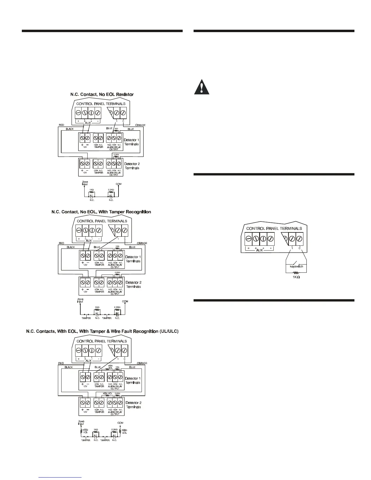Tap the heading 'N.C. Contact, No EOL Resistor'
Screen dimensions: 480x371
tap(102, 94)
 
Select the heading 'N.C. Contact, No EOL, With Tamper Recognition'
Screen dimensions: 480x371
tap(101, 212)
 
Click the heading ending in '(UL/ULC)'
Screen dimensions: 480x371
tap(102, 331)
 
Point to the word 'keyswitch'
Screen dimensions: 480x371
tap(296, 266)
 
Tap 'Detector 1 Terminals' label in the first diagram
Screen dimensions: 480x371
tap(131, 142)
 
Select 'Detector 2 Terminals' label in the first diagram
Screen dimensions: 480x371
tap(132, 166)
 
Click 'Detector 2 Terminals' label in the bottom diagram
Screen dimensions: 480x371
tap(133, 405)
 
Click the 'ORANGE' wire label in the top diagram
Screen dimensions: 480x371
tap(140, 125)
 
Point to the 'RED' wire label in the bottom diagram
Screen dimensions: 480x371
tap(61, 363)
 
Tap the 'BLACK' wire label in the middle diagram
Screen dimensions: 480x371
tap(71, 247)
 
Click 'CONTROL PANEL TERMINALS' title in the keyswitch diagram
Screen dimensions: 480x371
tap(274, 228)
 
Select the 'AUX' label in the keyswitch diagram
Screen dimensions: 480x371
tap(259, 250)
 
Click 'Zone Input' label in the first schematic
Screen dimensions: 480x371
tap(85, 183)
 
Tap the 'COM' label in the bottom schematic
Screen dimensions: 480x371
tap(120, 423)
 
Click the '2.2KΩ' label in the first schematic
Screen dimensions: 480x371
tap(111, 190)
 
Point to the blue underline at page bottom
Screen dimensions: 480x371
tap(60, 477)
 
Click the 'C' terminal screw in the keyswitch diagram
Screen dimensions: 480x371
tap(299, 238)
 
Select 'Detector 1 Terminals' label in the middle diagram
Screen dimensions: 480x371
tap(133, 259)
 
